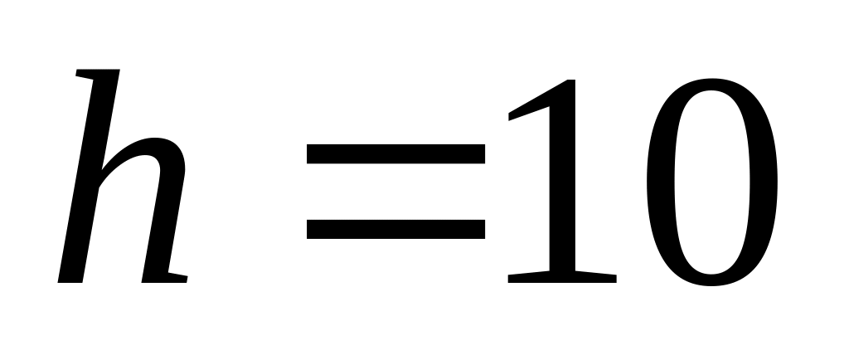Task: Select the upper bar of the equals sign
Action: coord(395,153)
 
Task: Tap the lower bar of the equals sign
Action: coord(395,229)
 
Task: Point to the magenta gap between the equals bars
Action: coord(395,191)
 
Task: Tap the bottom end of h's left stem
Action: coord(71,278)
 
